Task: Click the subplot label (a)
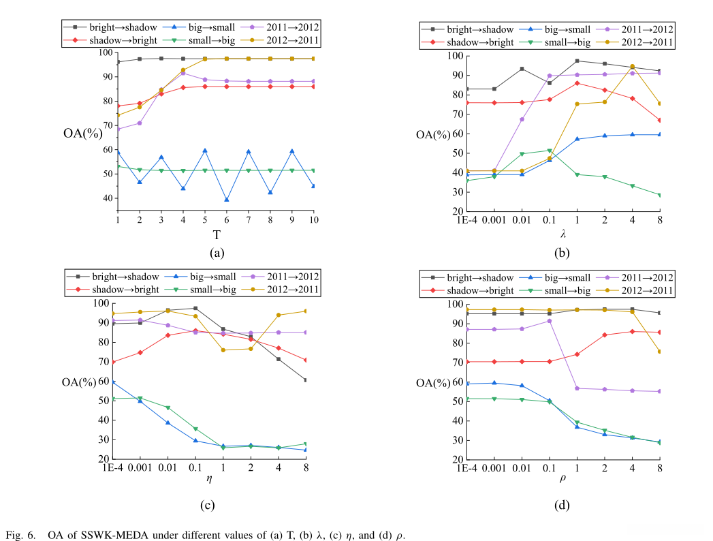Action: tap(217, 253)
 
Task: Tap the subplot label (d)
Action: tap(563, 505)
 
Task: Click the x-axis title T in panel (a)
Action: tap(217, 234)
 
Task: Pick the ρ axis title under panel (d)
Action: tap(563, 479)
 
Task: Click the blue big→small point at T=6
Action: tap(227, 200)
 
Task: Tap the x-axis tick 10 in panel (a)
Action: tap(314, 221)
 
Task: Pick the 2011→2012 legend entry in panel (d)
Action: tap(639, 277)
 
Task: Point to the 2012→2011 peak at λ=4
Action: tap(632, 67)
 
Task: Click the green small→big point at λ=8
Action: tap(660, 196)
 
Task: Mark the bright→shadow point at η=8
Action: tap(306, 380)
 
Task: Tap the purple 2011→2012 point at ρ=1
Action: tap(577, 388)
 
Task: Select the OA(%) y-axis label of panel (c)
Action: tap(79, 382)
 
